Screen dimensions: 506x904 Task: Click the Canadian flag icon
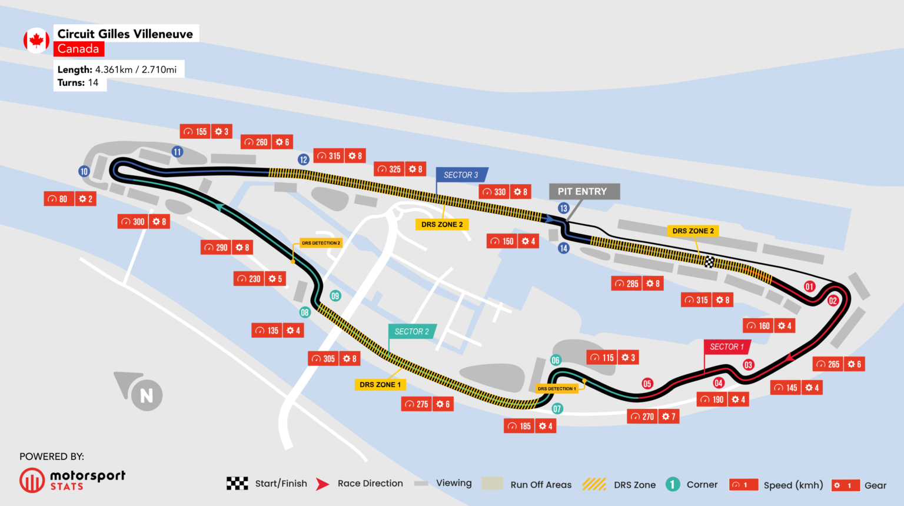[36, 41]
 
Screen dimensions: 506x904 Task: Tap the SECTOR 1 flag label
[727, 347]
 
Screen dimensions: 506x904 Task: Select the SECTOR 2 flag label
[411, 331]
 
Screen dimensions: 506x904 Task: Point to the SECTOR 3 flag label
[461, 175]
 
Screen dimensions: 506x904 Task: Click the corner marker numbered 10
[84, 172]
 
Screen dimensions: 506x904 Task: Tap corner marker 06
[556, 360]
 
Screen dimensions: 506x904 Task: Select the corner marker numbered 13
[563, 208]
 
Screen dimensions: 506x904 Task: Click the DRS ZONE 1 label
[380, 384]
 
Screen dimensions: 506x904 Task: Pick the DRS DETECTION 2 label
[321, 242]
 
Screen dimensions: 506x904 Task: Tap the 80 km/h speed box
[58, 199]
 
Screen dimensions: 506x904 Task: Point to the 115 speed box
[602, 358]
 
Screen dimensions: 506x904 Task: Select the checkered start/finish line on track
[709, 262]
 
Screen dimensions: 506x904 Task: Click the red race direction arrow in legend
[322, 484]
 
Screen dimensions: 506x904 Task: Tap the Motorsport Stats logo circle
[32, 480]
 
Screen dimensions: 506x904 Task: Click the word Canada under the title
[78, 49]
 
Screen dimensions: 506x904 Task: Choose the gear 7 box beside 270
[669, 417]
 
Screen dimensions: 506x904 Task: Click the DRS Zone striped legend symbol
[594, 484]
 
